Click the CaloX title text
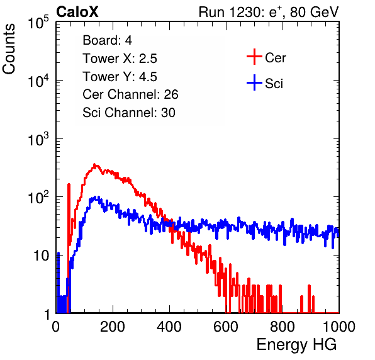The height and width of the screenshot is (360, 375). click(x=77, y=12)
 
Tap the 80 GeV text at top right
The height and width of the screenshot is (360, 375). click(x=315, y=12)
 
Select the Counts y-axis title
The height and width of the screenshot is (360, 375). click(x=9, y=49)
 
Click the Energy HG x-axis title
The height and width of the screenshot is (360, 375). click(x=296, y=345)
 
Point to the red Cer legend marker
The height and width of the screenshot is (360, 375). click(x=254, y=57)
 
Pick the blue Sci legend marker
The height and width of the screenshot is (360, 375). click(x=254, y=82)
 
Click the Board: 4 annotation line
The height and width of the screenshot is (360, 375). click(x=108, y=40)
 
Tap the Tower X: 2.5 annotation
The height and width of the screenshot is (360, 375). click(x=120, y=59)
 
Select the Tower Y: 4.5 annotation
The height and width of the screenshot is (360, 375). click(x=120, y=77)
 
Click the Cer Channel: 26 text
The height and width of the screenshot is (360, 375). click(x=130, y=94)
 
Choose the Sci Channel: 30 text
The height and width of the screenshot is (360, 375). click(x=129, y=113)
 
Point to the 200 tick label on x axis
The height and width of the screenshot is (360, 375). click(x=113, y=327)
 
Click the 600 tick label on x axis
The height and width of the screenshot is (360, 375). click(x=226, y=327)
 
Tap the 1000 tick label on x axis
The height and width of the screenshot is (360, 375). click(x=339, y=327)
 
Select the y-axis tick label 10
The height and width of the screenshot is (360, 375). click(x=41, y=256)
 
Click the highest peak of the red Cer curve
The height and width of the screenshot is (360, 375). click(x=95, y=164)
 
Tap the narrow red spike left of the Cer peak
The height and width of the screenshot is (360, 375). click(x=69, y=215)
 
